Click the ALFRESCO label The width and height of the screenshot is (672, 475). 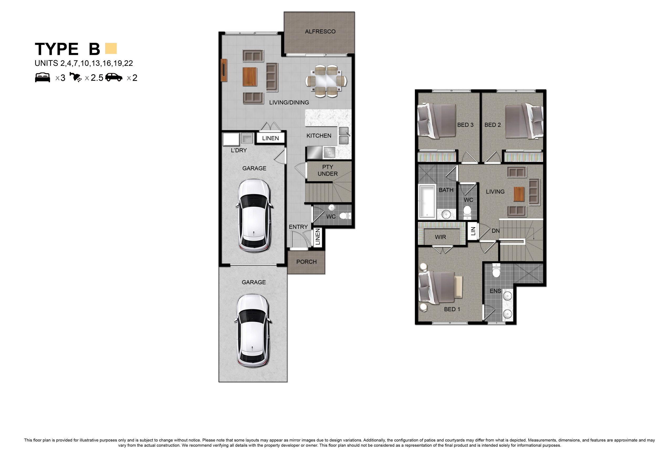(320, 31)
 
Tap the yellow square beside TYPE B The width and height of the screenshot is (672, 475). (111, 49)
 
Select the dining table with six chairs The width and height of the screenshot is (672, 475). (326, 81)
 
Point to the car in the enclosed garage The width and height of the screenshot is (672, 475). (254, 216)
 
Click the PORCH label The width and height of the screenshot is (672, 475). (306, 262)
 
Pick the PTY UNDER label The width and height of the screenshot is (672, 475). (328, 170)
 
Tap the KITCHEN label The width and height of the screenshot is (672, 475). (319, 136)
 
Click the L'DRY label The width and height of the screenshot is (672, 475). (239, 150)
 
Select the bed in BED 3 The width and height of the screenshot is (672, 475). (437, 120)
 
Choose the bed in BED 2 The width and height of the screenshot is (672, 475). (524, 120)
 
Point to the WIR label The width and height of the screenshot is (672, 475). (440, 237)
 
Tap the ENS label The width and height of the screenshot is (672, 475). (495, 291)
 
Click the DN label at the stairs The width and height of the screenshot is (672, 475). (496, 231)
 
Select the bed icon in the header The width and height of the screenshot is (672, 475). (43, 78)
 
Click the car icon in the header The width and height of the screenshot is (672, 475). (114, 77)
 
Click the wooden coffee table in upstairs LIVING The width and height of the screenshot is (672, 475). (519, 194)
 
